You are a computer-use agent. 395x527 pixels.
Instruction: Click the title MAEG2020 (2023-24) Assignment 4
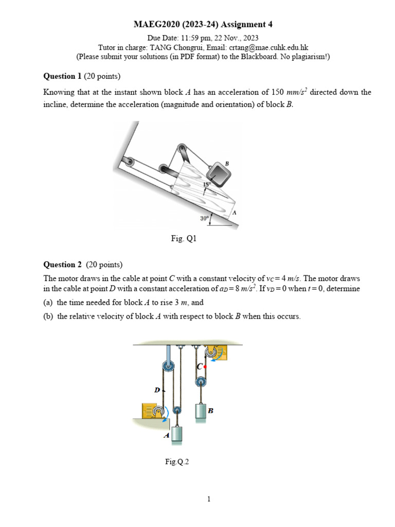(x=203, y=24)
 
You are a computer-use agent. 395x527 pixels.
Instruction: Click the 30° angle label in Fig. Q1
(x=205, y=218)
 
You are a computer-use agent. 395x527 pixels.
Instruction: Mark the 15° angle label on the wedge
(x=207, y=184)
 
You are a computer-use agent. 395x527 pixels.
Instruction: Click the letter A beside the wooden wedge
(x=234, y=212)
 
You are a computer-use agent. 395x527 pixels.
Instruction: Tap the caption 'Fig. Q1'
(x=184, y=239)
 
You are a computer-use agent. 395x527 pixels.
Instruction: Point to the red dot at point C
(x=205, y=367)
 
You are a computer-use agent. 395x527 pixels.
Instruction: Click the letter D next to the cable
(x=157, y=390)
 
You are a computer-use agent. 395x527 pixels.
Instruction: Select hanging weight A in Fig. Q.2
(x=176, y=435)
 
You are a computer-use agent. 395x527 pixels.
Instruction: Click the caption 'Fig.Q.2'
(x=177, y=462)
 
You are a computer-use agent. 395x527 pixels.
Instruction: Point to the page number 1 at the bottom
(x=209, y=499)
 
